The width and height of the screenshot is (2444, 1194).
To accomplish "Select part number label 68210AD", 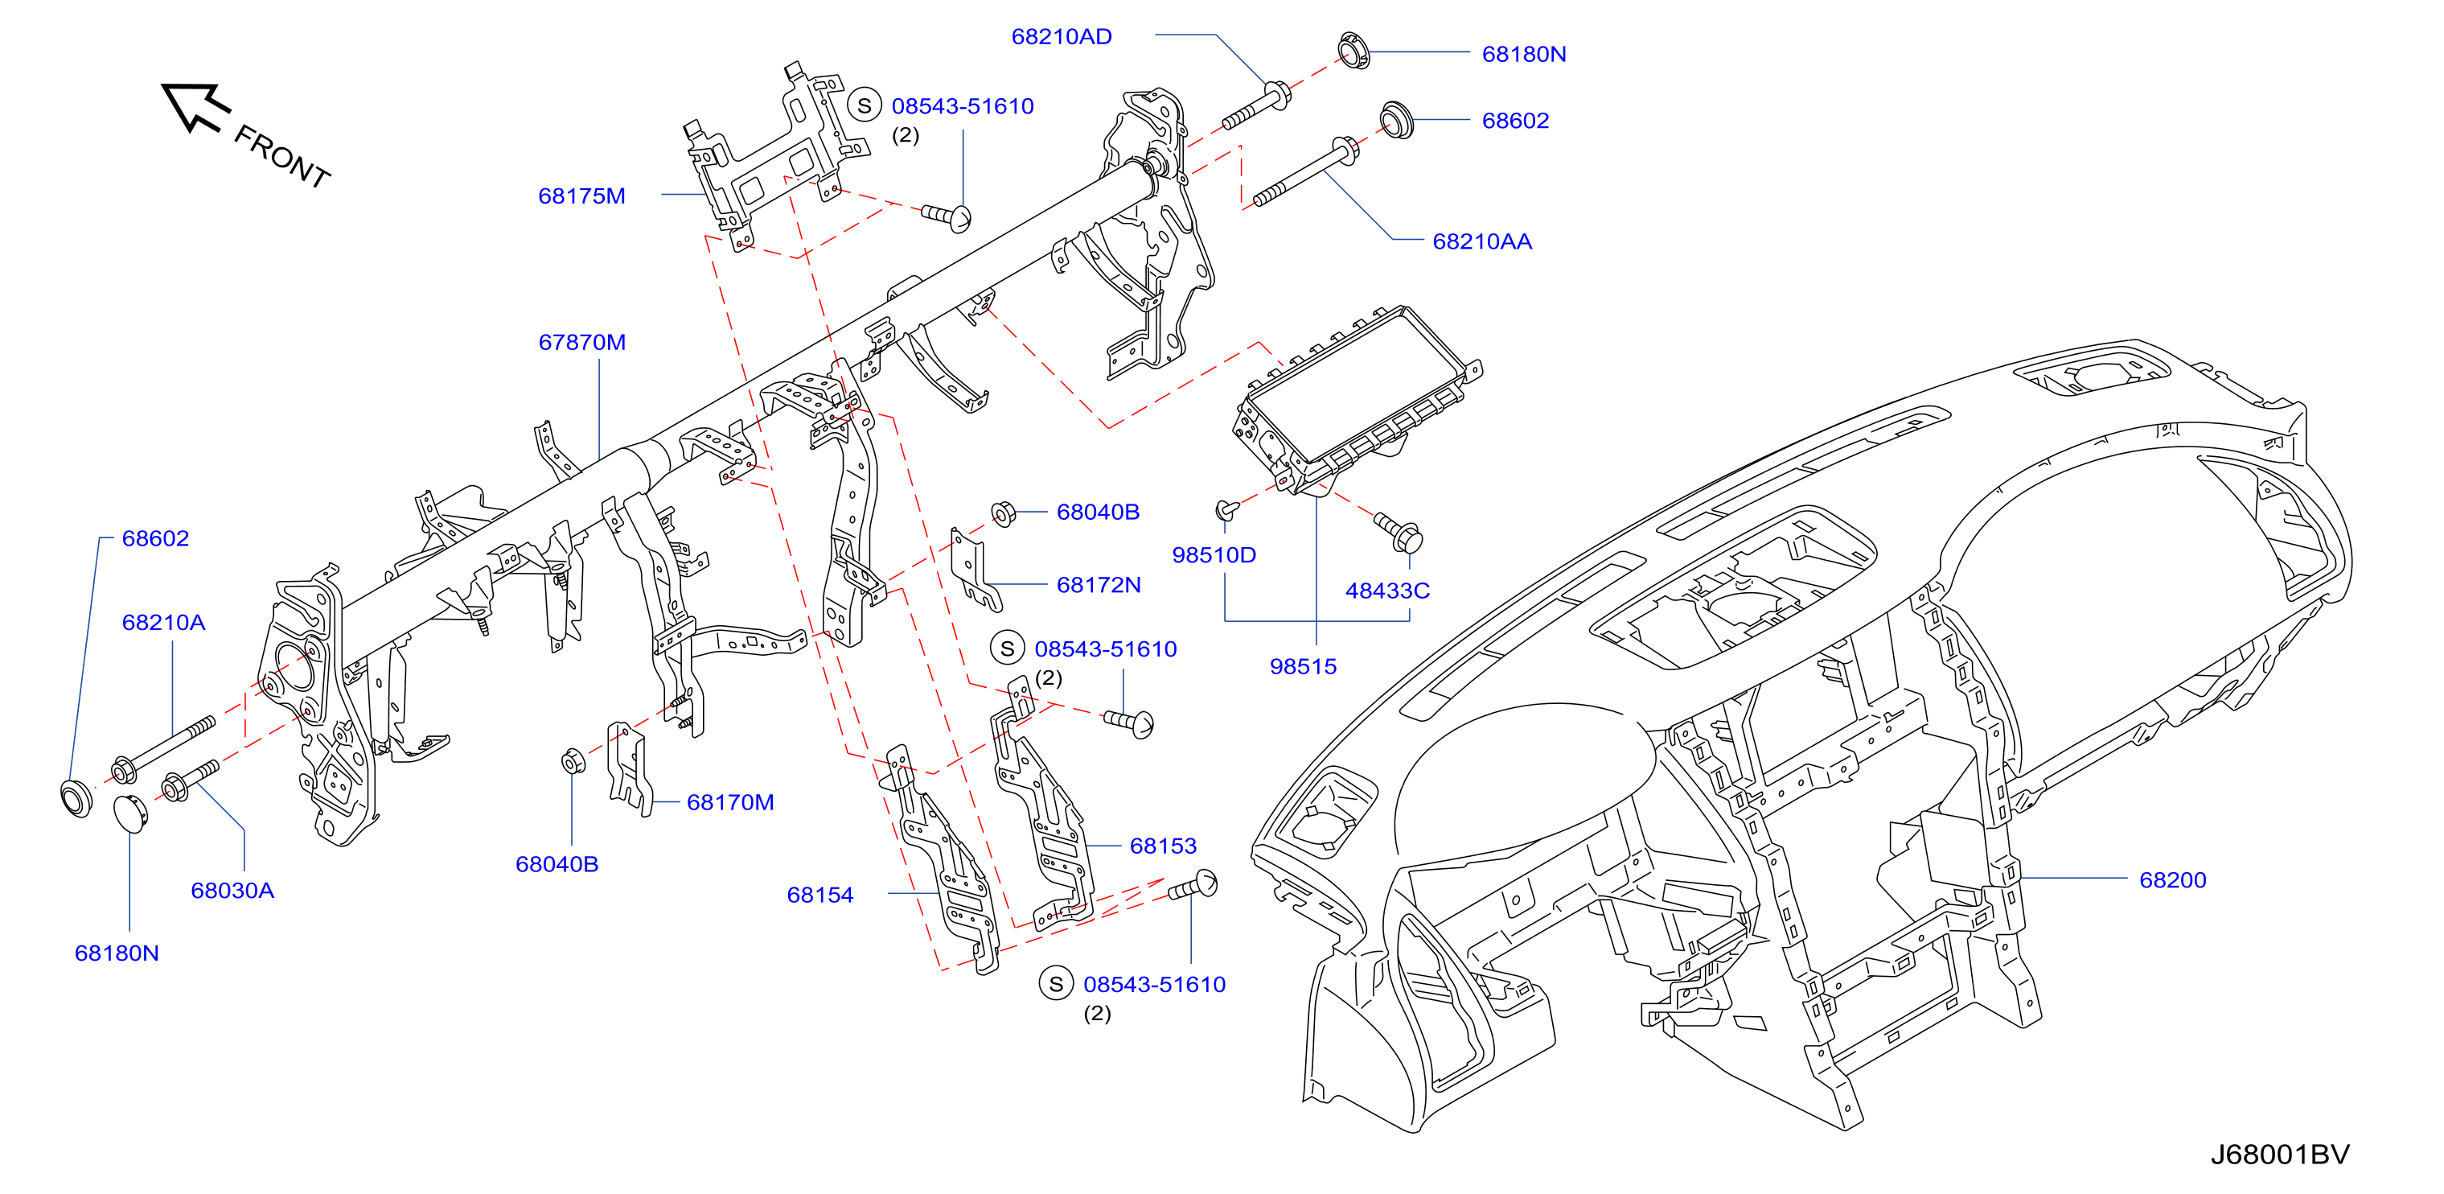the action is point(1061,37).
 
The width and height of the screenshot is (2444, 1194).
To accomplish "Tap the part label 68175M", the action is point(581,196).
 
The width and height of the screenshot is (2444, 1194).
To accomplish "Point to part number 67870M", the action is point(581,343).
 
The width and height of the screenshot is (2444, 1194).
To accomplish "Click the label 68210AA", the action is point(1482,242).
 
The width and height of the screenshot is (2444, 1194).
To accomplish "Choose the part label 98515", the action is point(1303,666).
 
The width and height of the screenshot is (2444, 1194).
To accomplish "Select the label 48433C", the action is point(1387,591).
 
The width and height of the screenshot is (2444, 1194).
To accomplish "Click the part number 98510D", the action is point(1214,555).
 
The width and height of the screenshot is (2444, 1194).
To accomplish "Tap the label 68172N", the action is point(1099,586).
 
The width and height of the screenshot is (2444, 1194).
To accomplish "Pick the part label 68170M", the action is point(729,803).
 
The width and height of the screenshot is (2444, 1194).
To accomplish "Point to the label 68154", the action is point(819,895).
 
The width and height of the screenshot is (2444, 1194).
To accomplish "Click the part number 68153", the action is point(1163,846).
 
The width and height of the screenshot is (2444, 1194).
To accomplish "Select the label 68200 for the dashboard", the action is point(2173,880).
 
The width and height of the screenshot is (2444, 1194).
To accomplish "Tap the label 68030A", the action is point(232,891).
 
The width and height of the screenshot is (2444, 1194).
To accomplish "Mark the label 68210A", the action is point(163,623).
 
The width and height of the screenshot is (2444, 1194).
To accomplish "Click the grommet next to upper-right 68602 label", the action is point(1395,121).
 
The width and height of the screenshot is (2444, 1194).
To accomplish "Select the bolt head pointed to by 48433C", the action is point(1411,540).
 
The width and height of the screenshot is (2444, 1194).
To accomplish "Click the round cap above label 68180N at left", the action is point(131,813).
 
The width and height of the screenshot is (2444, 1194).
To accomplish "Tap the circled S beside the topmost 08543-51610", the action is point(865,106).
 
